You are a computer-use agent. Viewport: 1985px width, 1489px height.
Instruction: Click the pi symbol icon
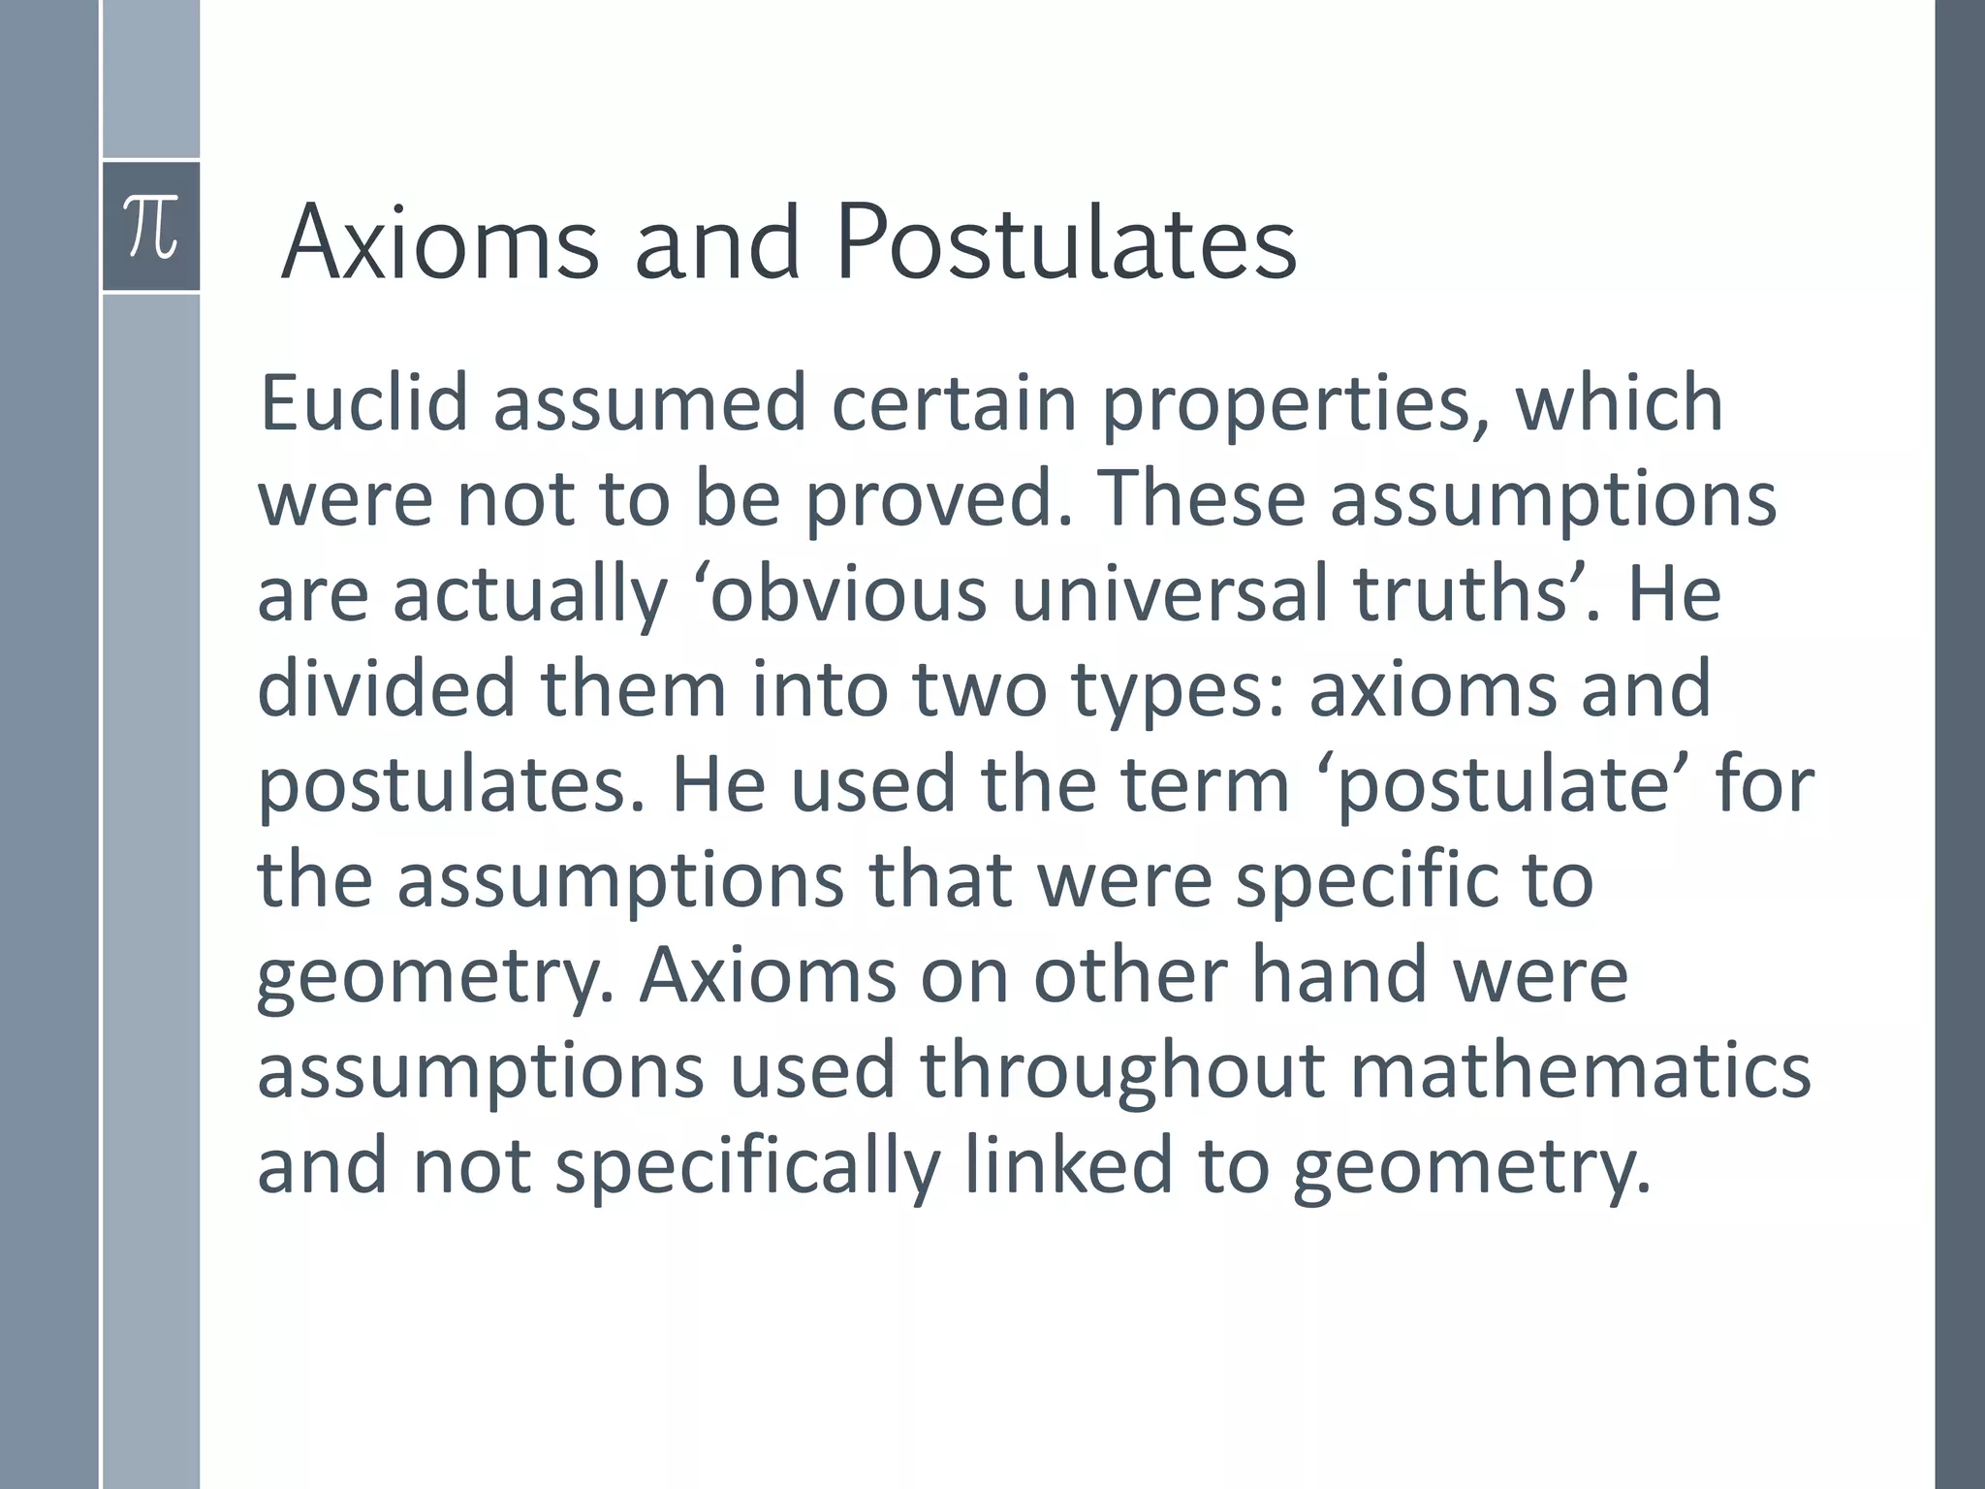[x=151, y=227]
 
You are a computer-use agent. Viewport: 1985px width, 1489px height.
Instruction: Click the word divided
[x=386, y=688]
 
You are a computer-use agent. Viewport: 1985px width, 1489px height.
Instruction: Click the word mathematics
[x=1581, y=1070]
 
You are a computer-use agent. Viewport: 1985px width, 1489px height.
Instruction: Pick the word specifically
[x=747, y=1167]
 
